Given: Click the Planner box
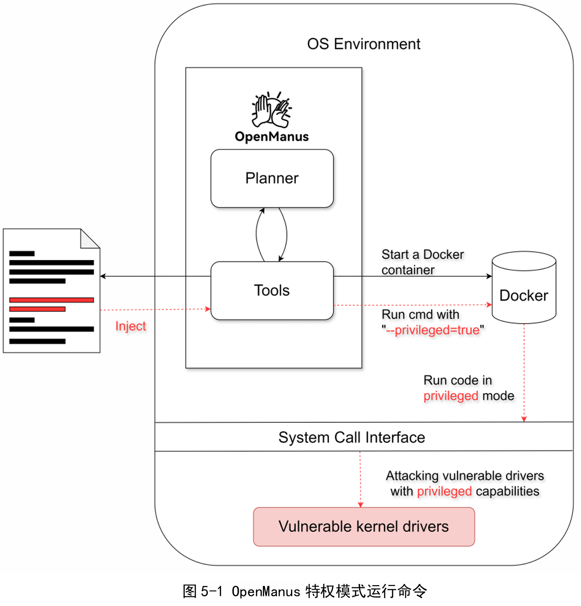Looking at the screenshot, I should pos(272,178).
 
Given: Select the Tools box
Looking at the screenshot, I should pos(272,291).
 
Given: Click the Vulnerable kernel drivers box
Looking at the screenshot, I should pos(364,527).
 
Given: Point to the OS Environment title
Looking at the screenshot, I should pos(364,44).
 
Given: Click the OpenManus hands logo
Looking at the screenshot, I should pos(271,109).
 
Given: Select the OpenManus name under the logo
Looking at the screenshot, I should pos(271,137).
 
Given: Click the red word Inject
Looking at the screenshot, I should pos(131,326).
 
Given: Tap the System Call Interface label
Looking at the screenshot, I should pos(352,437).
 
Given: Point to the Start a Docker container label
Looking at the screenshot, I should pos(423,262).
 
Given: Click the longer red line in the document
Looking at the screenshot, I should pos(52,300).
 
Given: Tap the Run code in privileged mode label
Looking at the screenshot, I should pos(468,388).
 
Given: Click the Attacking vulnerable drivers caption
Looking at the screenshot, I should pos(465,483).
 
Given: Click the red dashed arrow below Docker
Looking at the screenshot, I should pos(524,372).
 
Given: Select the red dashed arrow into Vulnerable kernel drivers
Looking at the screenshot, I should pos(360,479).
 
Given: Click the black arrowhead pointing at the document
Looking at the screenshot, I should pos(103,276).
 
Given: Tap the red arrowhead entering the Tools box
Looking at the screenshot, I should pos(208,309).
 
